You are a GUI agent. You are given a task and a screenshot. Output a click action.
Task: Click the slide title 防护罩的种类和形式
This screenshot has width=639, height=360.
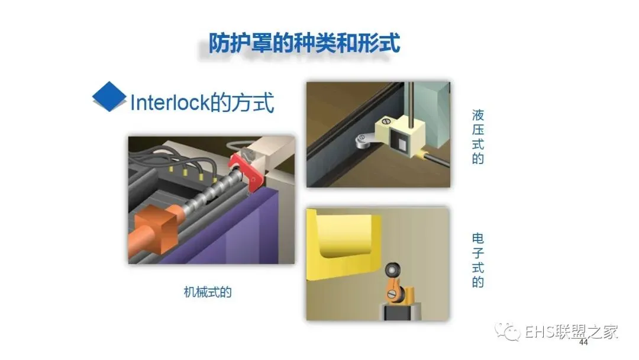[x=305, y=43]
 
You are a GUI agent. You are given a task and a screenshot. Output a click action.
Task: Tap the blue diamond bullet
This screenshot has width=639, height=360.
[x=109, y=97]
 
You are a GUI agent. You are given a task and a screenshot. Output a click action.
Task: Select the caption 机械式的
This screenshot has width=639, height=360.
[x=208, y=292]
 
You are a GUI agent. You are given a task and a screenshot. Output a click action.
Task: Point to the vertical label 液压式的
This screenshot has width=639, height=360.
[x=478, y=137]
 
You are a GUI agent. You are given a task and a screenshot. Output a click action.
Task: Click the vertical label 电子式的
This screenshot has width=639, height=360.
[x=478, y=261]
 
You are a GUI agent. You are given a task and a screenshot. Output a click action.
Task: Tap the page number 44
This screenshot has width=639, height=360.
[x=583, y=342]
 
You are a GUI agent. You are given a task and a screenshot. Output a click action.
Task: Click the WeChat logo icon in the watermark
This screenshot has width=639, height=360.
[x=508, y=332]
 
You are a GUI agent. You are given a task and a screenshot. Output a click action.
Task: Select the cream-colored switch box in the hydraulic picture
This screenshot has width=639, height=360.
[x=401, y=137]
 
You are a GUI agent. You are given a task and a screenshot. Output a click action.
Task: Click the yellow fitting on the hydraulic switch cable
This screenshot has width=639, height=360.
[x=421, y=155]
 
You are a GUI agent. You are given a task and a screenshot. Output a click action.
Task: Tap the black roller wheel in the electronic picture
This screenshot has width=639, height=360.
[x=392, y=269]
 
